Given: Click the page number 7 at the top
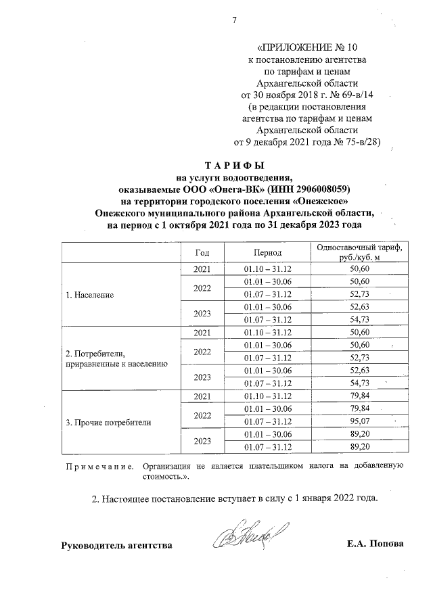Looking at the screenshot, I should [x=235, y=20].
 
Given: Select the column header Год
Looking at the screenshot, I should [x=202, y=252].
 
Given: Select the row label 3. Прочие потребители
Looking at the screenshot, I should [x=108, y=423].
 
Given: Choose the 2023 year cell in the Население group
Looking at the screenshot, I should [x=202, y=313].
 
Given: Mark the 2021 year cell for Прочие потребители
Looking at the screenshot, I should [x=202, y=396].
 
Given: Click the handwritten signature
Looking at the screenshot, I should [x=254, y=536].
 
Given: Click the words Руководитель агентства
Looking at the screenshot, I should [x=117, y=544].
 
